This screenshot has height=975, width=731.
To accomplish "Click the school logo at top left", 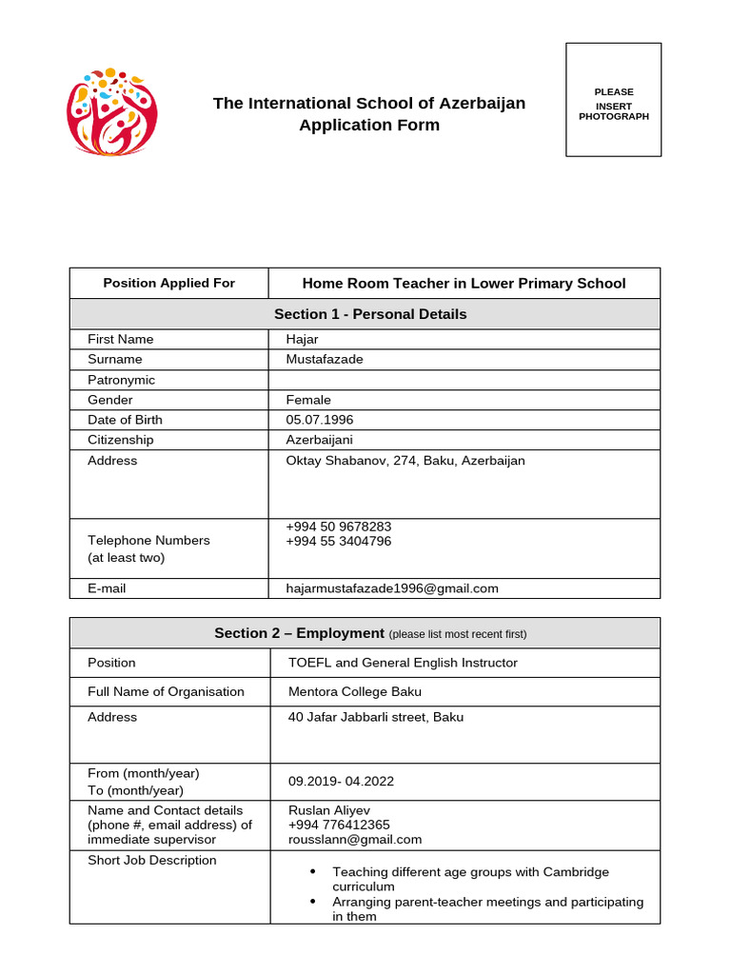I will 112,112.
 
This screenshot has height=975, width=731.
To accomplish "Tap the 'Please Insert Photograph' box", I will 613,100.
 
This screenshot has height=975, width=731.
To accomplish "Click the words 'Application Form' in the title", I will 369,125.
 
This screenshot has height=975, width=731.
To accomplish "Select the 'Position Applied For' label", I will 168,283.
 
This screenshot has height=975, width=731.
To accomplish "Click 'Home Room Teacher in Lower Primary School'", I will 464,283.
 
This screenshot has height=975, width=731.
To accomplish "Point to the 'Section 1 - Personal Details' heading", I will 370,314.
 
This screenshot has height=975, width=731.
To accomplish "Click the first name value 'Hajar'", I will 302,339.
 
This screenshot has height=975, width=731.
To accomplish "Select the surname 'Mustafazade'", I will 325,359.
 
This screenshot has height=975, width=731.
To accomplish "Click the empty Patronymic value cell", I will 464,380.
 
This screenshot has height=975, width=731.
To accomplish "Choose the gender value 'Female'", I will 308,400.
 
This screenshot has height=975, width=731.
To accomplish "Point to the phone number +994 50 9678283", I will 338,527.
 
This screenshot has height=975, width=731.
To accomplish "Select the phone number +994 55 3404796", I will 338,541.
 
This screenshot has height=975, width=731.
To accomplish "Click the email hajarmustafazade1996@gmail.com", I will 392,588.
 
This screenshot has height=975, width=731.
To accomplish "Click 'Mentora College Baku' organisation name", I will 354,691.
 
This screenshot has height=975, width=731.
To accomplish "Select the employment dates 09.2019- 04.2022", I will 341,781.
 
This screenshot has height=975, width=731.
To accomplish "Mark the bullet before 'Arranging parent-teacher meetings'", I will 313,902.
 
